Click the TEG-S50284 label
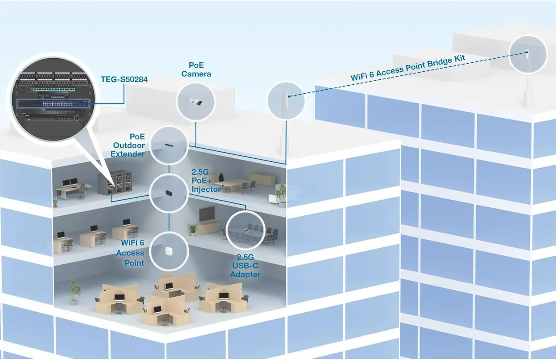(124, 79)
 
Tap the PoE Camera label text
(196, 70)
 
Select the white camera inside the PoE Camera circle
(196, 102)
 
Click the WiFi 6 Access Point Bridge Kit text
(407, 68)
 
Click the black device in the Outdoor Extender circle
(169, 145)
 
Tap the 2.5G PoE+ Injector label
(205, 181)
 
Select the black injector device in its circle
(169, 193)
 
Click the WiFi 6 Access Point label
(131, 253)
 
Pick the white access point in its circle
(169, 251)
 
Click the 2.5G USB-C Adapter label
(245, 265)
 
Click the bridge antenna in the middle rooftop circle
(285, 101)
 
